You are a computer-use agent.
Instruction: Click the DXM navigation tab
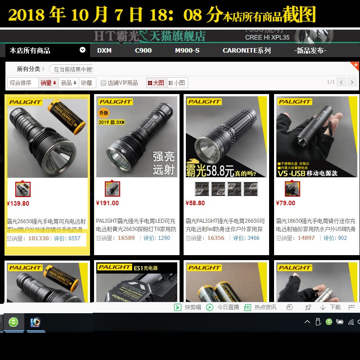[104, 50]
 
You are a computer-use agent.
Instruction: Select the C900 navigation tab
[143, 50]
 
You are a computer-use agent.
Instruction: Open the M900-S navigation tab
[187, 50]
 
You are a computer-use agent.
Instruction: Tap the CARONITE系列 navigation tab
[247, 50]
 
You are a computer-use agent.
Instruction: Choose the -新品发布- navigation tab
[310, 50]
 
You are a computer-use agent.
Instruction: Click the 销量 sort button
[49, 83]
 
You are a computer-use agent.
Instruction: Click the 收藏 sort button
[86, 83]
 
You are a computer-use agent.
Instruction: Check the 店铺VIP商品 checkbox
[103, 83]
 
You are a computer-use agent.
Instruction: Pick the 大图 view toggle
[156, 83]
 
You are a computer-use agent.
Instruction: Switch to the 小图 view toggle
[177, 83]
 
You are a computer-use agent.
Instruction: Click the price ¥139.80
[18, 203]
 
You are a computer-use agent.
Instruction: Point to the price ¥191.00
[108, 203]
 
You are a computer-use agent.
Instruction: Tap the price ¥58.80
[195, 203]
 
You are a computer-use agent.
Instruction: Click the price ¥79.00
[286, 203]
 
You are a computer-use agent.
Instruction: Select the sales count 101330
[38, 238]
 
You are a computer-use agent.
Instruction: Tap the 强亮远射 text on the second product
[164, 162]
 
